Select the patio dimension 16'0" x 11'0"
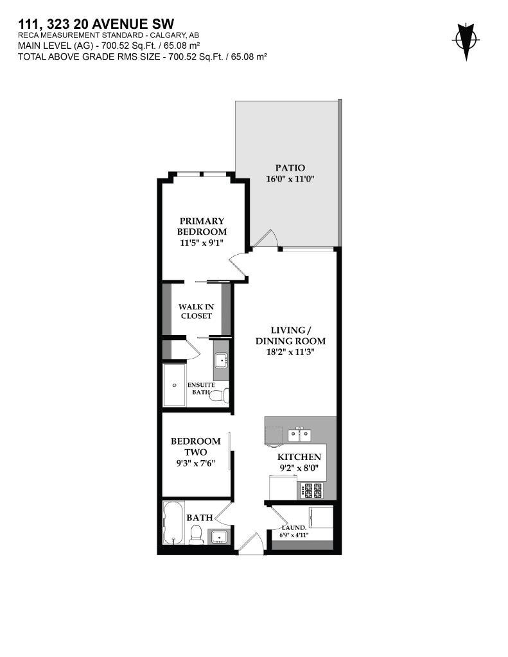point(290,180)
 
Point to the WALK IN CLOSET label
point(196,311)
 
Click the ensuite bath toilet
point(220,395)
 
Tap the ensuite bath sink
point(221,361)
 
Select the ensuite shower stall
point(174,385)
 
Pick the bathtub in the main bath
point(173,522)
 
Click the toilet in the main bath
point(197,533)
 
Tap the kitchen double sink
point(299,436)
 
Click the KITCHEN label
point(299,457)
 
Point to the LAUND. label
point(295,527)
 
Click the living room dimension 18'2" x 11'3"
point(290,352)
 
